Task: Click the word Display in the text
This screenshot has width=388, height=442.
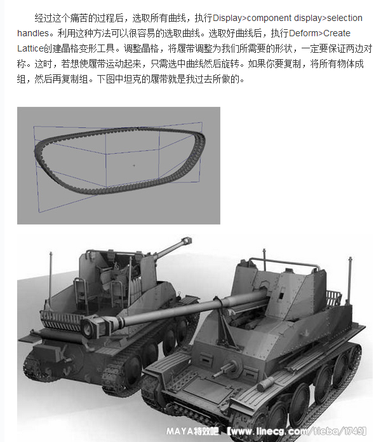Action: pyautogui.click(x=227, y=18)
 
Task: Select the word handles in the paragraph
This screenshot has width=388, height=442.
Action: pyautogui.click(x=33, y=33)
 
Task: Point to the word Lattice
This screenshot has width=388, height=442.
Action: pyautogui.click(x=30, y=48)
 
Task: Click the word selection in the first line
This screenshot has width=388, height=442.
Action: pyautogui.click(x=345, y=18)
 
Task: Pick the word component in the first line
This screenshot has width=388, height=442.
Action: pyautogui.click(x=269, y=18)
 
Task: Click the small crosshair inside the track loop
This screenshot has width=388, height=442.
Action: pyautogui.click(x=134, y=165)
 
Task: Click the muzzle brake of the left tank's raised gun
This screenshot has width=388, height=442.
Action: pyautogui.click(x=187, y=241)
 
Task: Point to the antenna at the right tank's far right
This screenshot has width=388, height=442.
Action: pyautogui.click(x=350, y=279)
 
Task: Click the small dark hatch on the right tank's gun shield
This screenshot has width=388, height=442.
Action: pyautogui.click(x=281, y=296)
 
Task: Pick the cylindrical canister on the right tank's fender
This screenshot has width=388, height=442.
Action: pyautogui.click(x=265, y=383)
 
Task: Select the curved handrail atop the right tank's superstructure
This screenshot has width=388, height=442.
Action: pyautogui.click(x=284, y=263)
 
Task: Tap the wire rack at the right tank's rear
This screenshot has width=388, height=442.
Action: pyautogui.click(x=334, y=298)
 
